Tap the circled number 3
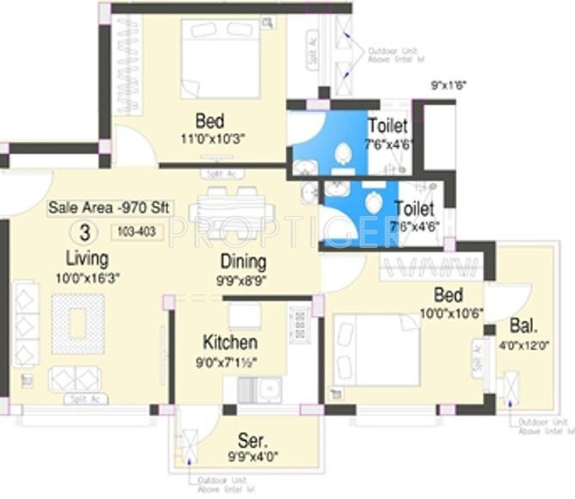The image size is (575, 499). coord(83,231)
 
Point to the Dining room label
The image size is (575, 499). coord(242,262)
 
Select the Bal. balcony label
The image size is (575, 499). coord(524,327)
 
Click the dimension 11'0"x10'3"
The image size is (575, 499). coord(211,139)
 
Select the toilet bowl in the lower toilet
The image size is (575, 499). coord(372,204)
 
